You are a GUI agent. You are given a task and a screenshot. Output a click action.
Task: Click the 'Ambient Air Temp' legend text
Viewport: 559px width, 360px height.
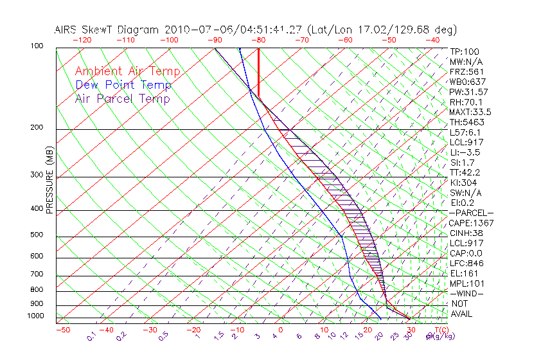point(127,71)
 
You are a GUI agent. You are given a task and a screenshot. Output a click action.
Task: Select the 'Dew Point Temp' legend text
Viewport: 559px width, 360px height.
point(123,85)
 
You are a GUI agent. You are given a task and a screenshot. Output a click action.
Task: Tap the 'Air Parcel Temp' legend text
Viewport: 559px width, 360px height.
point(122,98)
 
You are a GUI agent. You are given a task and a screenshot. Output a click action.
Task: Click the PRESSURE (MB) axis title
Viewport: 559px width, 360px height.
point(49,181)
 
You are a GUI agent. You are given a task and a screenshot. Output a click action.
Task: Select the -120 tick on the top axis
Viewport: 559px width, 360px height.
point(82,40)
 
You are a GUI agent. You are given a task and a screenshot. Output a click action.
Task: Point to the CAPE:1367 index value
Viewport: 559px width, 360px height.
point(470,223)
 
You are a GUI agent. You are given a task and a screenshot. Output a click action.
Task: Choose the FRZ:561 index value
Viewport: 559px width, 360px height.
point(467,71)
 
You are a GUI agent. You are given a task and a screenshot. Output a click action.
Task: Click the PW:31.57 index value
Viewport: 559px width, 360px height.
point(469,92)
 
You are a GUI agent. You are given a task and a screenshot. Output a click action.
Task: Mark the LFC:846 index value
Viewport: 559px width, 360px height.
point(466,263)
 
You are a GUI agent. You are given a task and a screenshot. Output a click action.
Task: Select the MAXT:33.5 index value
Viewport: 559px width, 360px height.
point(471,112)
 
